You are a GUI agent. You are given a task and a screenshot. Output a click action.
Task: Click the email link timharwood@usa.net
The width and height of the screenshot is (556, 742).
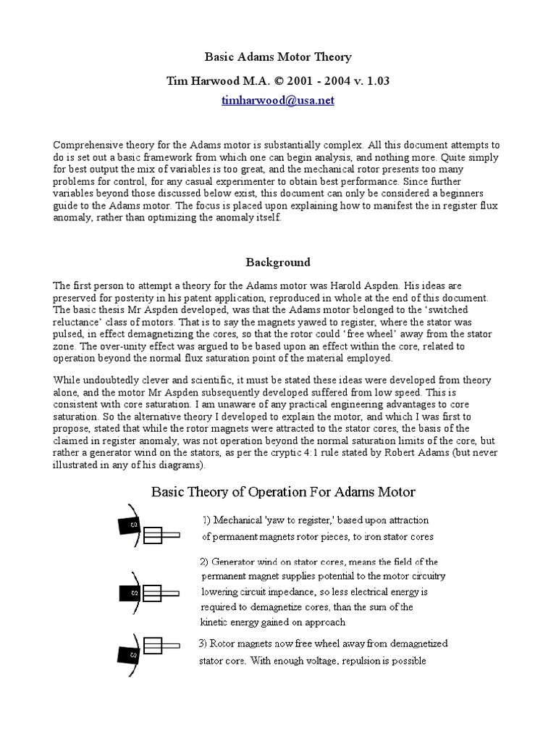[x=277, y=101]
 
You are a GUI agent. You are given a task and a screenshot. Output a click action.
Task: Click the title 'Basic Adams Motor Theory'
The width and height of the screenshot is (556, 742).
[x=278, y=57]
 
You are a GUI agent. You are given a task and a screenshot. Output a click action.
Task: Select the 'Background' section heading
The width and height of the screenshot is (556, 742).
[x=277, y=262]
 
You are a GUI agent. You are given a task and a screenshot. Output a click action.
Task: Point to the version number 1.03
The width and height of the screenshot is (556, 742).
[x=376, y=80]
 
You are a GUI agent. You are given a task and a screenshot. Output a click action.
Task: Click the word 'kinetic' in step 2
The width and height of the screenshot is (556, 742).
[x=216, y=622]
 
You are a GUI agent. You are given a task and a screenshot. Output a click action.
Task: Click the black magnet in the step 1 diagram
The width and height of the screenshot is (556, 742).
[x=132, y=525]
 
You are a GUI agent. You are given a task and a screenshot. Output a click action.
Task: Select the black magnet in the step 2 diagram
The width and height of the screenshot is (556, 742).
[x=130, y=593]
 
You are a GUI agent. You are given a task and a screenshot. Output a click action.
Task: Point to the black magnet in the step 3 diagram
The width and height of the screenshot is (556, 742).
[x=132, y=654]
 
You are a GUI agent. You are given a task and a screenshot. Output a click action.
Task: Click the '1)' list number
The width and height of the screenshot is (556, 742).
[x=208, y=520]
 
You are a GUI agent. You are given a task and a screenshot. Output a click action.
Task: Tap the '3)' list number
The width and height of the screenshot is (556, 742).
[x=204, y=643]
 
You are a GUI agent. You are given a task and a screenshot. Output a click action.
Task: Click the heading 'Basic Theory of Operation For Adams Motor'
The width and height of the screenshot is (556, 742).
[x=283, y=492]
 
